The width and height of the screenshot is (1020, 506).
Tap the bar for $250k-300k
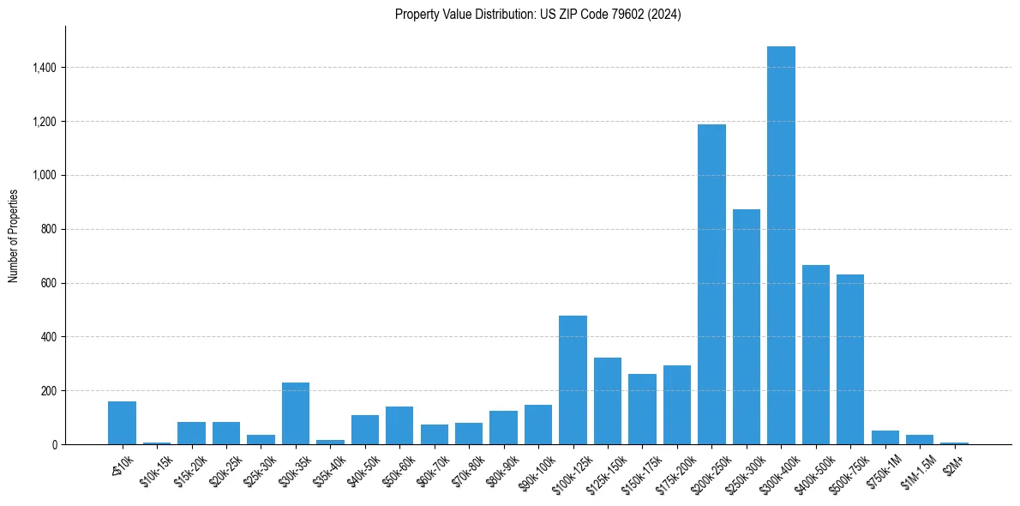746,327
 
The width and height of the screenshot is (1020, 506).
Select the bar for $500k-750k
850,359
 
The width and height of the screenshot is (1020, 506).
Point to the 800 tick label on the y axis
48,229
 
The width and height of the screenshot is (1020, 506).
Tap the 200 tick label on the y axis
48,391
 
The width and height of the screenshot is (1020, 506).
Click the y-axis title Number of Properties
14,236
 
